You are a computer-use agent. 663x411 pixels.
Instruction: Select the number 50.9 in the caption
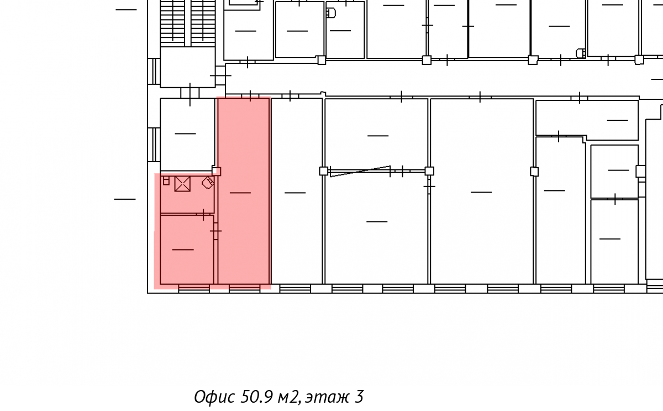256,397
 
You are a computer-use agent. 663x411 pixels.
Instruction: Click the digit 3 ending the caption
359,397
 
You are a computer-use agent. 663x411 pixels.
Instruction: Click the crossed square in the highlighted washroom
182,184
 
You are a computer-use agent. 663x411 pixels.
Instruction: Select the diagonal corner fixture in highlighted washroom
208,183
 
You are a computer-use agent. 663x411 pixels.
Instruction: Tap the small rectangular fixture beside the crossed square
166,180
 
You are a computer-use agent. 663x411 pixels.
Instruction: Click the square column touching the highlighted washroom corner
217,172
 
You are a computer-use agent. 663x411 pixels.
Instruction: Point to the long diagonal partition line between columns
360,172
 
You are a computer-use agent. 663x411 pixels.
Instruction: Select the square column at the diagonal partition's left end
324,171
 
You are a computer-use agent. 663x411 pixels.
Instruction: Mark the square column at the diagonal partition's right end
429,171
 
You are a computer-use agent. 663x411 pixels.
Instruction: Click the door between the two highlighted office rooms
216,231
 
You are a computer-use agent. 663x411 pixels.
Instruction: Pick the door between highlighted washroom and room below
204,214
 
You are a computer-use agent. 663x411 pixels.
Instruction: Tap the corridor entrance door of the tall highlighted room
250,96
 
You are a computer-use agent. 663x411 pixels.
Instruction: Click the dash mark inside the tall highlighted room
240,193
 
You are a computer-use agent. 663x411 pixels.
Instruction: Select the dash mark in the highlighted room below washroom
183,250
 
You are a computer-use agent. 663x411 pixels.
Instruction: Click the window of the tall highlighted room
244,289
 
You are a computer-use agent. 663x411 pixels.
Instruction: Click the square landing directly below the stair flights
188,67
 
